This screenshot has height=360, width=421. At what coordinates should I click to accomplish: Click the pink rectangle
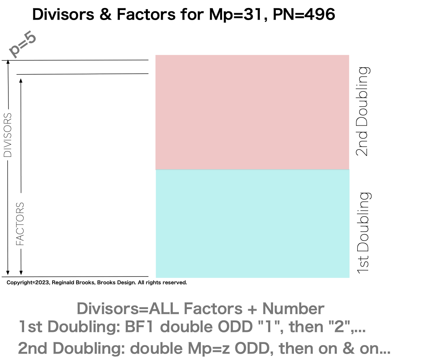click(252, 112)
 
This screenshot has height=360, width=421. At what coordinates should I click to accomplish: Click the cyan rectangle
click(252, 224)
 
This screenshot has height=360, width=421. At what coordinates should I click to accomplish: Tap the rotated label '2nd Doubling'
click(363, 111)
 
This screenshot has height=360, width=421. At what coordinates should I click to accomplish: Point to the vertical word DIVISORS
click(8, 135)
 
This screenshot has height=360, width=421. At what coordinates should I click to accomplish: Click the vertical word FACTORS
click(20, 224)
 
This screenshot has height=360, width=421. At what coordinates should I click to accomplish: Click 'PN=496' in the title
click(304, 15)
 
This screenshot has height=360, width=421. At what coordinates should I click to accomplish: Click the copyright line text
click(97, 283)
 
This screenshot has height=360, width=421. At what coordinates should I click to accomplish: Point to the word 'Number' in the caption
click(293, 309)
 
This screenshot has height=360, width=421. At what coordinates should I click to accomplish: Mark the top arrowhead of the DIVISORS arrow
click(8, 63)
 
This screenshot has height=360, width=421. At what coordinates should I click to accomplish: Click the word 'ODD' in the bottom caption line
click(254, 348)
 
